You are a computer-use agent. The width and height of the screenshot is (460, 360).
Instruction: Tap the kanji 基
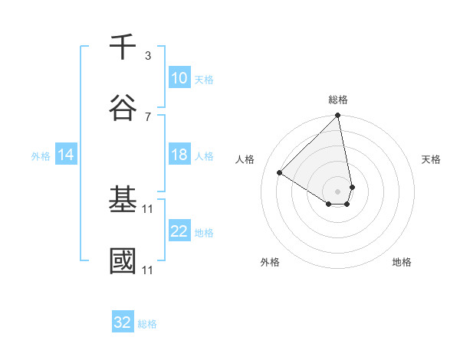(x=123, y=199)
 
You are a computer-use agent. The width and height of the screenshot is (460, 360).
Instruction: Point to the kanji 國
(x=123, y=260)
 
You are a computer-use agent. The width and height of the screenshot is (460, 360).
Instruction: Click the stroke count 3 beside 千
(x=148, y=56)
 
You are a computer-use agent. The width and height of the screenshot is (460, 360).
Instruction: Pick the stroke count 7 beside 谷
(x=148, y=116)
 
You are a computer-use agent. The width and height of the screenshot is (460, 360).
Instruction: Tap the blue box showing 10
(x=179, y=78)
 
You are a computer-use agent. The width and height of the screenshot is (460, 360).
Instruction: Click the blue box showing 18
(x=179, y=155)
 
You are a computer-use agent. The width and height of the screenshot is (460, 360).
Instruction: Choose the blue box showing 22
(x=179, y=231)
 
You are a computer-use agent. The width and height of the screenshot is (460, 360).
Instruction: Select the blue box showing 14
(x=66, y=155)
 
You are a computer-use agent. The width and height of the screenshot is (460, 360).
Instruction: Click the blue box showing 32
(x=123, y=322)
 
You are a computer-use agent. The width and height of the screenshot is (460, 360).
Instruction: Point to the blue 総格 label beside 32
(x=147, y=323)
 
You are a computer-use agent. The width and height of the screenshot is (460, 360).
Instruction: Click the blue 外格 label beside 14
(x=41, y=155)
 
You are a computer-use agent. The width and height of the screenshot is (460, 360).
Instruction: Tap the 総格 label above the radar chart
(x=338, y=100)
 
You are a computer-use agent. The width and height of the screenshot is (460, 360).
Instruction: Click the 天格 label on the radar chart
(x=431, y=159)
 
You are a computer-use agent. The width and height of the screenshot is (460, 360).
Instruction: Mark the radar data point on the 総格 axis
(x=338, y=116)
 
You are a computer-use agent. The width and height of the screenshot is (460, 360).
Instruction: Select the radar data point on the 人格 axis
(x=280, y=173)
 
